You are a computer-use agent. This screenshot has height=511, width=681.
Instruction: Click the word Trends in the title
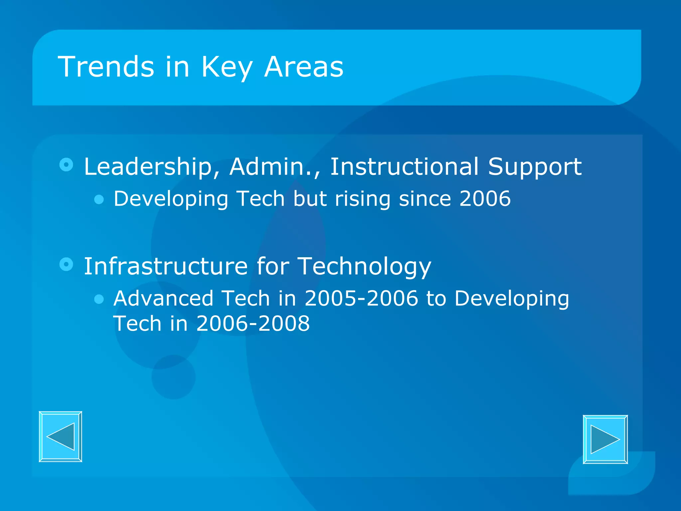[x=106, y=67]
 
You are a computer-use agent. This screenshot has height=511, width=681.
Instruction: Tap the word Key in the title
[x=227, y=68]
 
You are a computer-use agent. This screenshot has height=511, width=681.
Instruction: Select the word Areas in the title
[x=304, y=67]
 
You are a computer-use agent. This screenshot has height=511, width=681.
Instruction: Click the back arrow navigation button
[x=61, y=436]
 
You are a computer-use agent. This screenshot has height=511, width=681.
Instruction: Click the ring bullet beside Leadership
[x=66, y=165]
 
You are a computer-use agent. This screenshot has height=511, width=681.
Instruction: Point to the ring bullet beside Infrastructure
[x=66, y=264]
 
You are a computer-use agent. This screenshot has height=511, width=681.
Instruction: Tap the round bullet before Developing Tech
[x=99, y=199]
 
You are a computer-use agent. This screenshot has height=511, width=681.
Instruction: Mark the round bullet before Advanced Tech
[x=99, y=299]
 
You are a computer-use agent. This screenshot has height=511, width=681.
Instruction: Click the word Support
[x=535, y=167]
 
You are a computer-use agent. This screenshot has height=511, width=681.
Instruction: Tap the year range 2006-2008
[x=253, y=323]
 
